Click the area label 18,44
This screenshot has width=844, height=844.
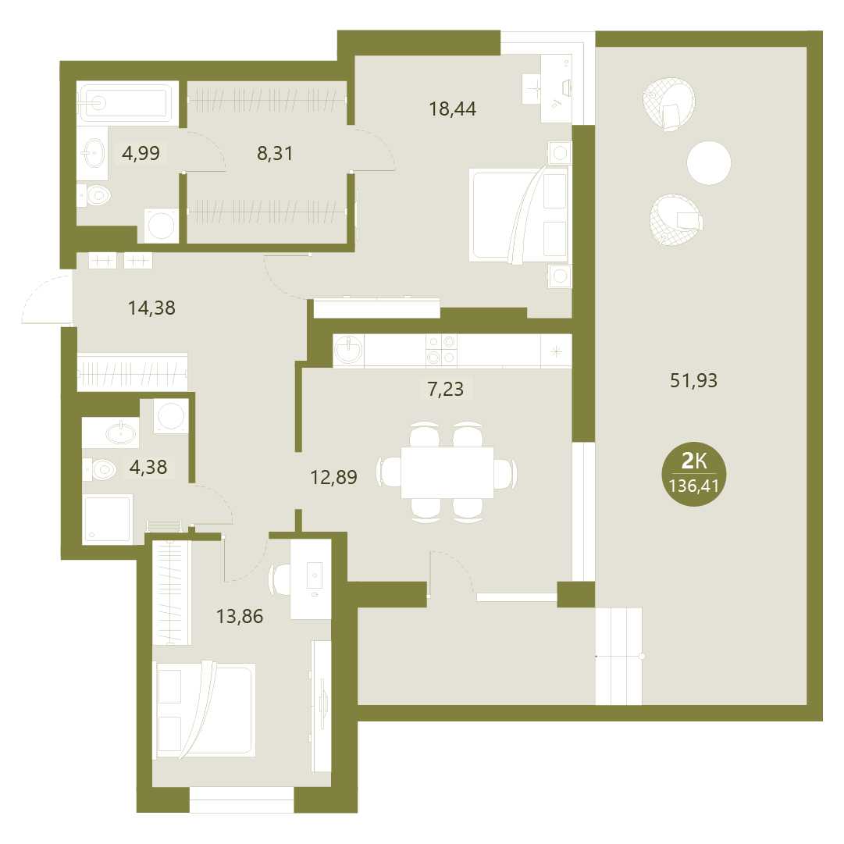tap(452, 109)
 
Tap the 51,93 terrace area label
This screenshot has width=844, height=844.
tap(693, 381)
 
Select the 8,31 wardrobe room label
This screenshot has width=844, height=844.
tap(275, 154)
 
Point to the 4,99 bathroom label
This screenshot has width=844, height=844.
tap(141, 153)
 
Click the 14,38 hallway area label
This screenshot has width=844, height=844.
tap(151, 308)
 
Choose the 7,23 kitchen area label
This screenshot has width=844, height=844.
tap(445, 389)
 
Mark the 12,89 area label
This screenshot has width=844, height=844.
tap(333, 478)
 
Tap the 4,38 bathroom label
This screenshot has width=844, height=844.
tap(148, 467)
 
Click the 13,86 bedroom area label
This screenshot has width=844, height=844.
tap(240, 616)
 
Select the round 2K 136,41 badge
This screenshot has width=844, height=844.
tap(694, 474)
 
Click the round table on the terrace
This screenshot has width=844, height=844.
tap(709, 162)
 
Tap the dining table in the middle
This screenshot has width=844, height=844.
tap(447, 472)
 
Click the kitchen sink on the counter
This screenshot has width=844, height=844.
tap(348, 351)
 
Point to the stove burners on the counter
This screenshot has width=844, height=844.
tap(441, 350)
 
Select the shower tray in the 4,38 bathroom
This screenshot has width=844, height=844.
tap(108, 519)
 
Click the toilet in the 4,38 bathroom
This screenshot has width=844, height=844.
tap(100, 469)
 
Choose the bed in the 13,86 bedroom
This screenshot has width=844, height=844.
tap(204, 710)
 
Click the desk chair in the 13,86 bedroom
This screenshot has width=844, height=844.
tap(278, 579)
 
